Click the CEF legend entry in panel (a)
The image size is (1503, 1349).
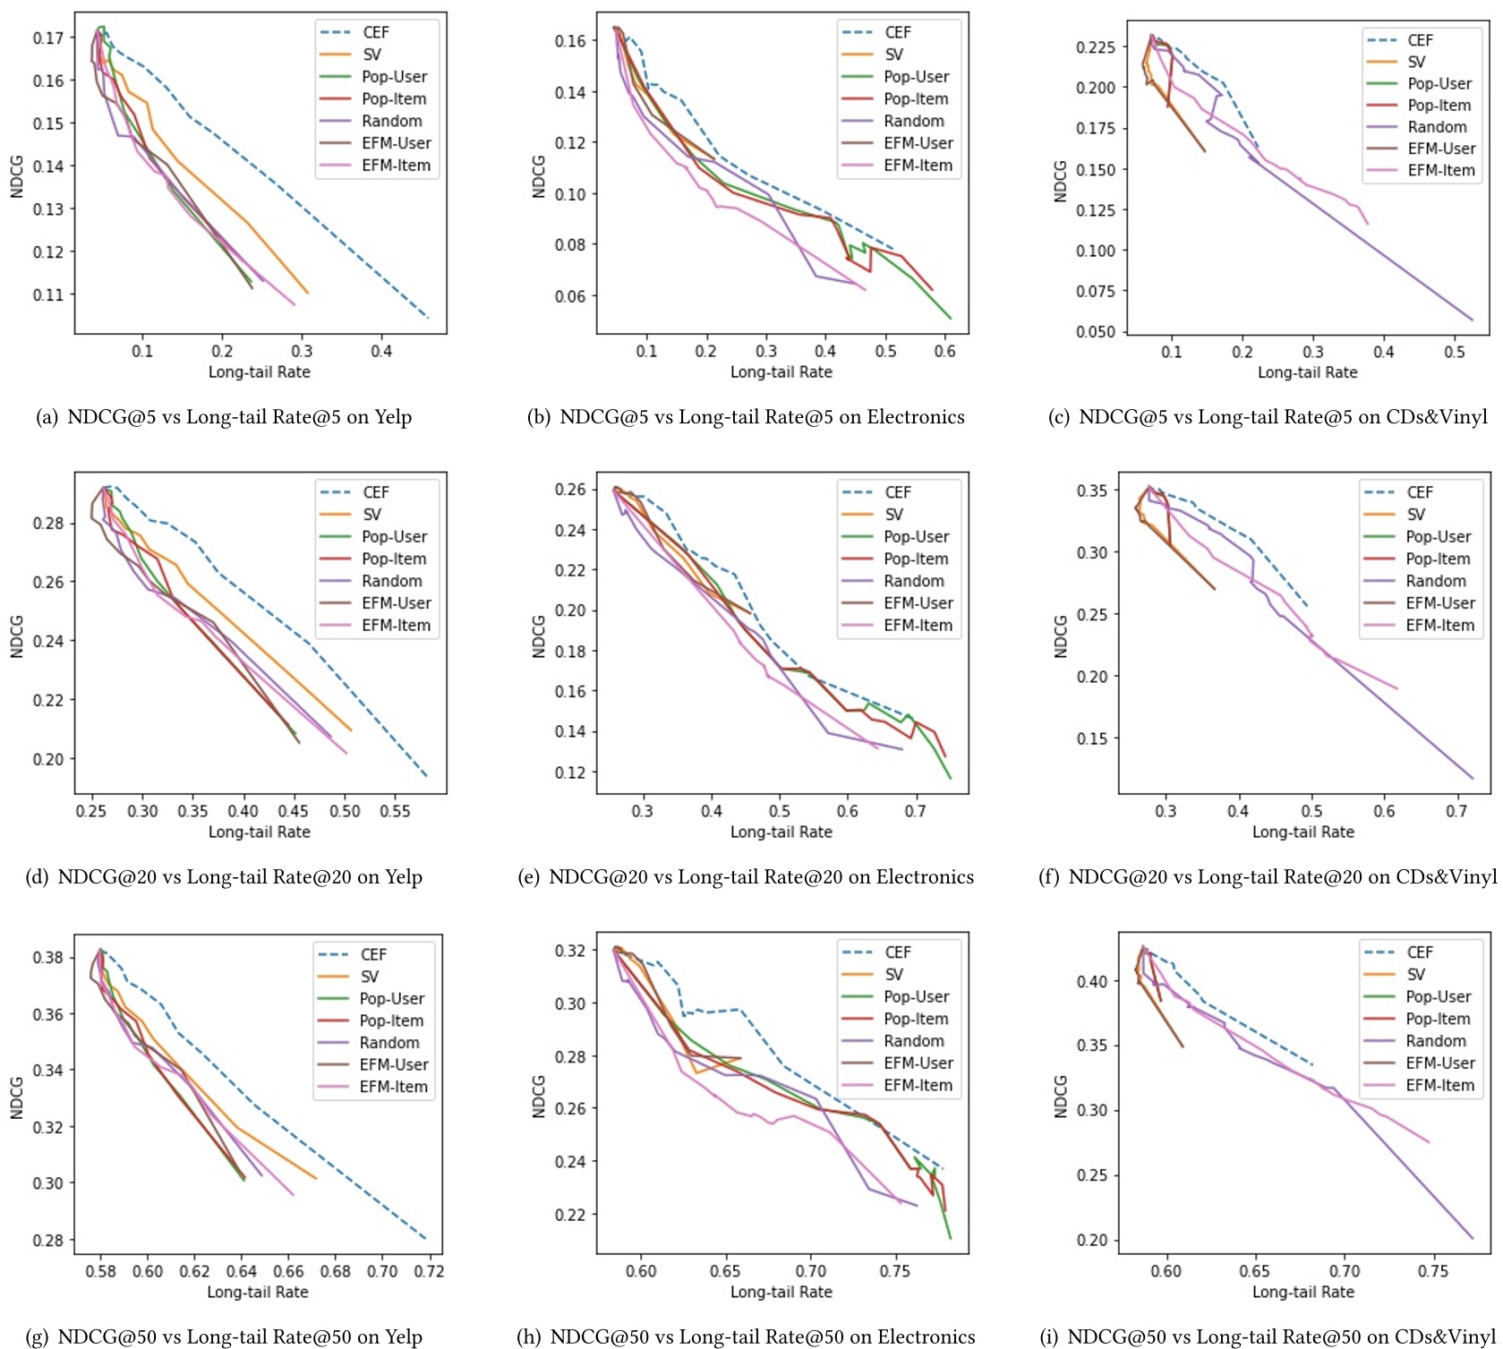(x=375, y=32)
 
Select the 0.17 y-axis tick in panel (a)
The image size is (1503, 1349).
(x=48, y=38)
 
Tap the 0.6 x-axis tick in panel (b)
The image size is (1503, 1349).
(x=944, y=352)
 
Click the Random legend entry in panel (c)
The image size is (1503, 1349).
(x=1437, y=127)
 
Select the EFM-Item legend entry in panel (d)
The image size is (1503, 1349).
(x=396, y=625)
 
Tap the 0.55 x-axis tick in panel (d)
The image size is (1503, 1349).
(x=395, y=811)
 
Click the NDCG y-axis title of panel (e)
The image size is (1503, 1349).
(x=539, y=636)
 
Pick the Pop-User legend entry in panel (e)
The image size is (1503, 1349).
(x=916, y=536)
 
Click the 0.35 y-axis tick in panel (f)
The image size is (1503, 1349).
(x=1092, y=491)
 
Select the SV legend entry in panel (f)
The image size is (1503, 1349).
(x=1414, y=514)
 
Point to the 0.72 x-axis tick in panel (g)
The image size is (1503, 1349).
(x=429, y=1271)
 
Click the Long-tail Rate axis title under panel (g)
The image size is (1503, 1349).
(x=258, y=1292)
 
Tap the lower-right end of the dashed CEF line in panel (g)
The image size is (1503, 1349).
(x=425, y=1239)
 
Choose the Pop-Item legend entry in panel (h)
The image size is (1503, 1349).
(x=916, y=1019)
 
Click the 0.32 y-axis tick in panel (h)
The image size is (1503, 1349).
(x=570, y=951)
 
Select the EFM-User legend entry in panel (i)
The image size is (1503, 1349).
(x=1439, y=1063)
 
